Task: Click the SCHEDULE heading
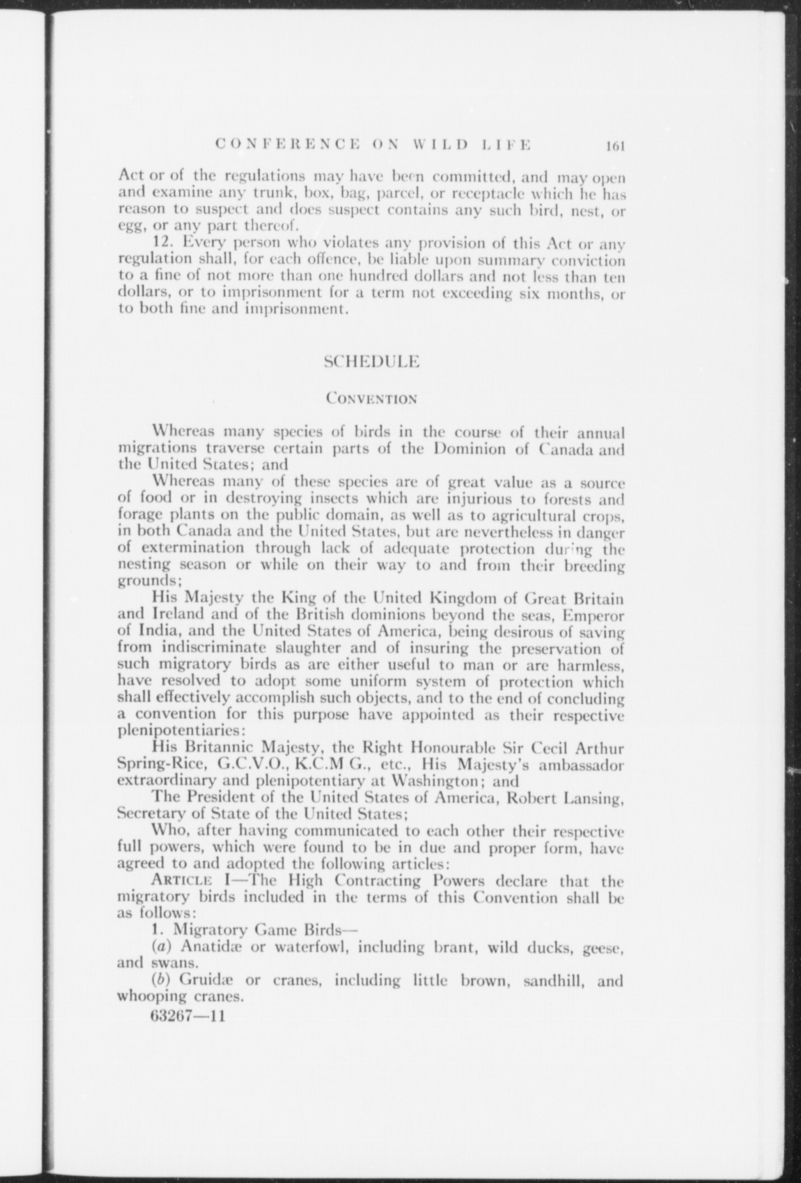pos(372,362)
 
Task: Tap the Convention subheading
pos(372,399)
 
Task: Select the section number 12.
pos(161,243)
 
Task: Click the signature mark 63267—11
pos(187,1017)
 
